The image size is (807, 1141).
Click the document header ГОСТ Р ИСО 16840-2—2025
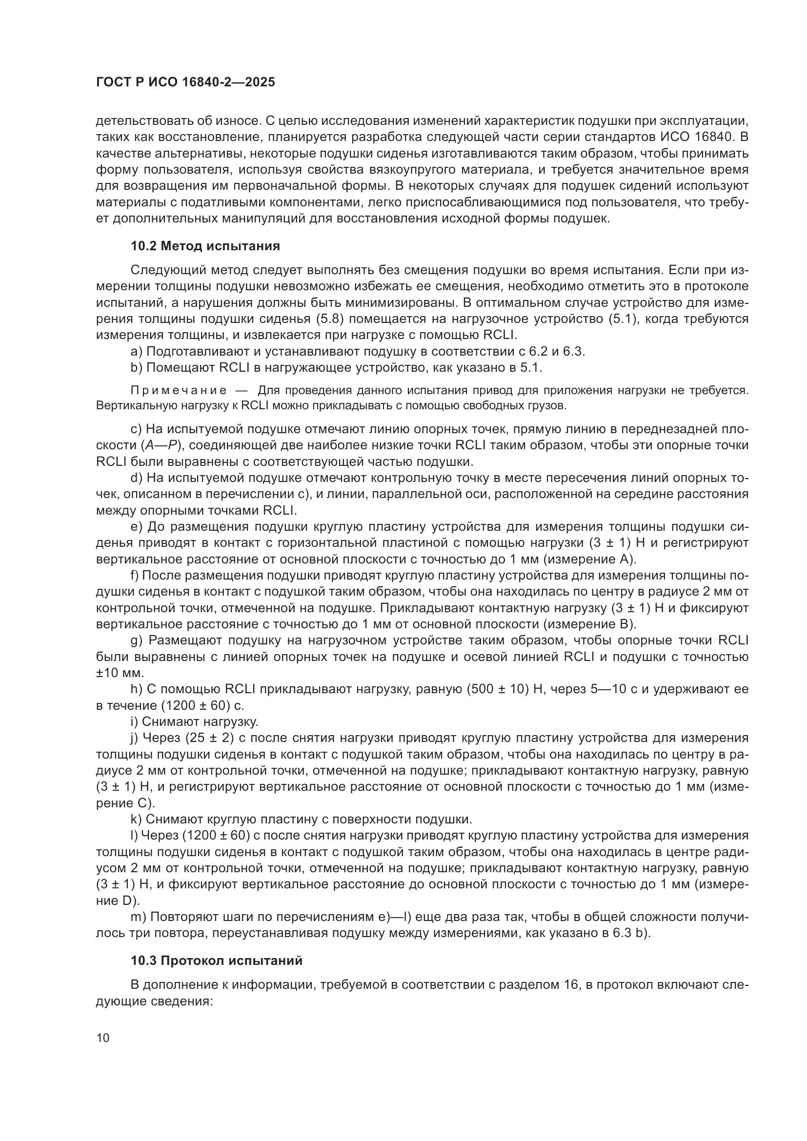tap(185, 82)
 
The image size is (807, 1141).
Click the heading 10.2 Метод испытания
tap(205, 246)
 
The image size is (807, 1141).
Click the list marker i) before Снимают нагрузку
tap(134, 721)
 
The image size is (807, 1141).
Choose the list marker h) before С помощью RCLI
tap(136, 689)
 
